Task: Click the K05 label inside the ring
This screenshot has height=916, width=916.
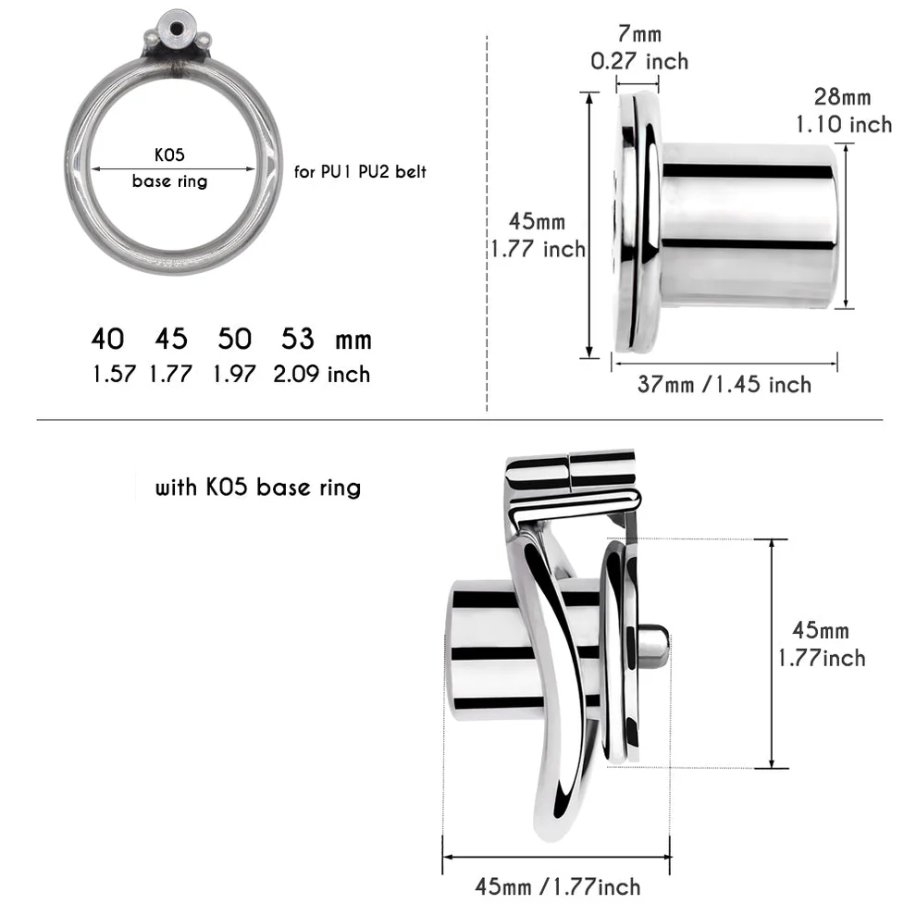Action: (x=169, y=155)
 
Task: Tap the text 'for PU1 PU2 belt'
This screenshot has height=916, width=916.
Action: (x=360, y=171)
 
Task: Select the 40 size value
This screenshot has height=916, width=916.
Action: (x=107, y=340)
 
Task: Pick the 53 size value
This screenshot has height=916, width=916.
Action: (x=298, y=340)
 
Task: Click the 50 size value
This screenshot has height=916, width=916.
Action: (x=234, y=340)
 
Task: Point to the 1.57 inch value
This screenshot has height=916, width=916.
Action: (x=114, y=374)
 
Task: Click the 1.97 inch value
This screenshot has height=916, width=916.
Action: (x=234, y=374)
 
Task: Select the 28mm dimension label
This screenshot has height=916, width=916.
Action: (x=842, y=96)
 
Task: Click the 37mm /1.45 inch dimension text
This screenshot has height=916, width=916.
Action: (x=724, y=384)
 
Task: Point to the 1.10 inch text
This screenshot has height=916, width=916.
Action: (x=844, y=124)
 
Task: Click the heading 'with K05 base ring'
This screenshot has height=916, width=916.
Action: (x=257, y=487)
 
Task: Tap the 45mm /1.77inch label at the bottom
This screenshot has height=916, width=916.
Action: (x=557, y=886)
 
